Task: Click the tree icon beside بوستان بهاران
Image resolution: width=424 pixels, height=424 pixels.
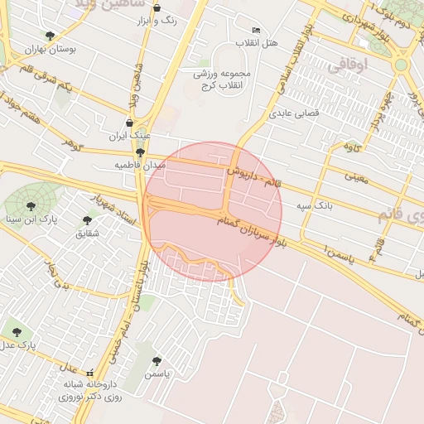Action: coord(50,36)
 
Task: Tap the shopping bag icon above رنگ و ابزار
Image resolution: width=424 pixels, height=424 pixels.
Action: coord(157,8)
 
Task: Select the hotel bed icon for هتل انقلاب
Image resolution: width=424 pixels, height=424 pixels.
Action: coord(256,30)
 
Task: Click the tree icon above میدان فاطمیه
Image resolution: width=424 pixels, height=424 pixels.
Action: coord(140,152)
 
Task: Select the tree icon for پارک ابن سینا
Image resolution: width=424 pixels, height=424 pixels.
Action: coord(31,206)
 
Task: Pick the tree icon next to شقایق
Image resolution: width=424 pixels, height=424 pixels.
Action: coord(87,220)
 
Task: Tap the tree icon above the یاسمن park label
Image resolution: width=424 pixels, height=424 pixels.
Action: coord(157,361)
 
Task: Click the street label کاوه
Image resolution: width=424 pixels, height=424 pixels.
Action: coord(354,147)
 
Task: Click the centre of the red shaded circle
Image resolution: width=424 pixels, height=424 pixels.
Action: coord(214,212)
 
